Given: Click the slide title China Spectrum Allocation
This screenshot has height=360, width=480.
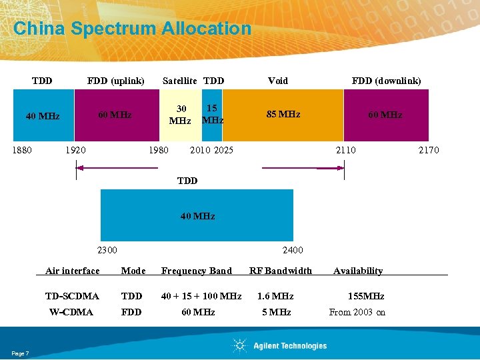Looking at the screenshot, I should [132, 29].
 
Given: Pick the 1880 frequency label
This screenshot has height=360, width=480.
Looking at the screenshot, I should [23, 150].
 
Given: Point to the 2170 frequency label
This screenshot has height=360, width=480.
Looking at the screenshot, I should [428, 150].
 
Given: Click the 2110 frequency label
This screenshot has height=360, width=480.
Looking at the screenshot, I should [345, 150].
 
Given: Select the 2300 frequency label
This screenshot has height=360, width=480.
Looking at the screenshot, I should [107, 250].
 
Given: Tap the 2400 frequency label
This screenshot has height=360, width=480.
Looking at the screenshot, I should [293, 250].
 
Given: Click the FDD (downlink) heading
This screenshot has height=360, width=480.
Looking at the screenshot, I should [386, 81].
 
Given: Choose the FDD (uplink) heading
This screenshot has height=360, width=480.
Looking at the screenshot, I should [115, 81].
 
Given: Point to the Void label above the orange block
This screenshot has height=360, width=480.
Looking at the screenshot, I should [278, 81].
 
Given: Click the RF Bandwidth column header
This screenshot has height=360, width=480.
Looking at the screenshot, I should [281, 271].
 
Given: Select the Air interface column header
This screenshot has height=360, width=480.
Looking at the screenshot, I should [72, 271].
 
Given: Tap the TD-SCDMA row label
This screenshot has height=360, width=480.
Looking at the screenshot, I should [72, 296].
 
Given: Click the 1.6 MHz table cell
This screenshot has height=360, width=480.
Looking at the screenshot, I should [275, 296].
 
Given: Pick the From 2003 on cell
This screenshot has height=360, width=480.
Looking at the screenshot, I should [357, 312].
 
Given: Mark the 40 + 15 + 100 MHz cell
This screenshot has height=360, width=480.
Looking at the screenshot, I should [201, 296].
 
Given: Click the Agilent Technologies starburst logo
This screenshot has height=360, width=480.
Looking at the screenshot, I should [239, 345].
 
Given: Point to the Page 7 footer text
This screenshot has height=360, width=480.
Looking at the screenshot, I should [20, 353].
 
